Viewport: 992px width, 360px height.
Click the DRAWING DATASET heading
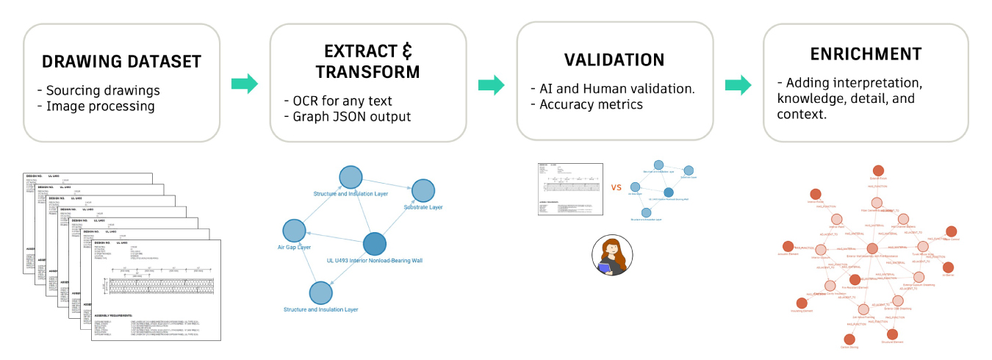coord(121,62)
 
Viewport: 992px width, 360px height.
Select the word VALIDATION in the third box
coord(614,60)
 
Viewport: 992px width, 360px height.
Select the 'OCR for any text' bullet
coord(337,101)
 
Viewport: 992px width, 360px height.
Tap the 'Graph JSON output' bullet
coord(348,116)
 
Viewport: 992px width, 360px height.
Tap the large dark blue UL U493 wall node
coord(375,243)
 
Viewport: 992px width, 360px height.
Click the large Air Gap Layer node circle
coord(294,231)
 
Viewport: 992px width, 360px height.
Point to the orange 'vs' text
coord(615,187)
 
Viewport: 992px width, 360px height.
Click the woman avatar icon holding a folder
coord(611,256)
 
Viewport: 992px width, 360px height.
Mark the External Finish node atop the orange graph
coord(878,170)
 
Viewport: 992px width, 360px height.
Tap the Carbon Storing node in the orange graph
coord(849,340)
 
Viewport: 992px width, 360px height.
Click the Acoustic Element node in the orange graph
coord(788,247)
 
